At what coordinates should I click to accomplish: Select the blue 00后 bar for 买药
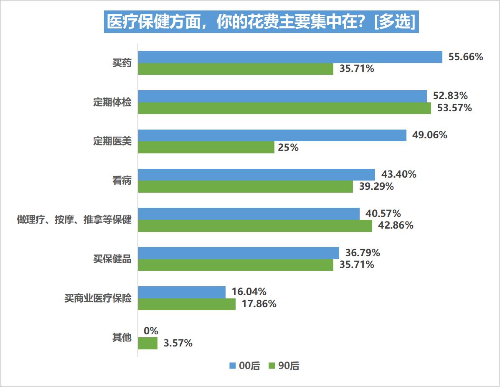tap(290, 57)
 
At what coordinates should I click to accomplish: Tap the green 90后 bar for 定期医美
tap(206, 148)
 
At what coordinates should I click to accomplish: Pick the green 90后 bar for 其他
tap(147, 344)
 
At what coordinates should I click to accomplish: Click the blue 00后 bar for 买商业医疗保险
tap(182, 292)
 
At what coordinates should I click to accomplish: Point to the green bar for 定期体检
tap(284, 108)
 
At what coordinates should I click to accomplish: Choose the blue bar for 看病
tap(256, 175)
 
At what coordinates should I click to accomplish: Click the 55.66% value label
tap(465, 57)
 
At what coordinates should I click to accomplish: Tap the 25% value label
tap(288, 148)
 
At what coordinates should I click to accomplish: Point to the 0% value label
tap(151, 331)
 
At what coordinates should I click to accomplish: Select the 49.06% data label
tap(430, 135)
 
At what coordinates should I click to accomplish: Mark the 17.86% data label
tap(259, 304)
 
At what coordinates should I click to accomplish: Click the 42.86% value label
tap(396, 226)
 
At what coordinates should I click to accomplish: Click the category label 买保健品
tap(112, 259)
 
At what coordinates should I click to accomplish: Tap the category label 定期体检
tap(112, 102)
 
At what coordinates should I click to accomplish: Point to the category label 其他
tap(122, 338)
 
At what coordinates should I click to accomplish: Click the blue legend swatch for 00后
tap(233, 366)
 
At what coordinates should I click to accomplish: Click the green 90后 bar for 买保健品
tap(236, 265)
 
